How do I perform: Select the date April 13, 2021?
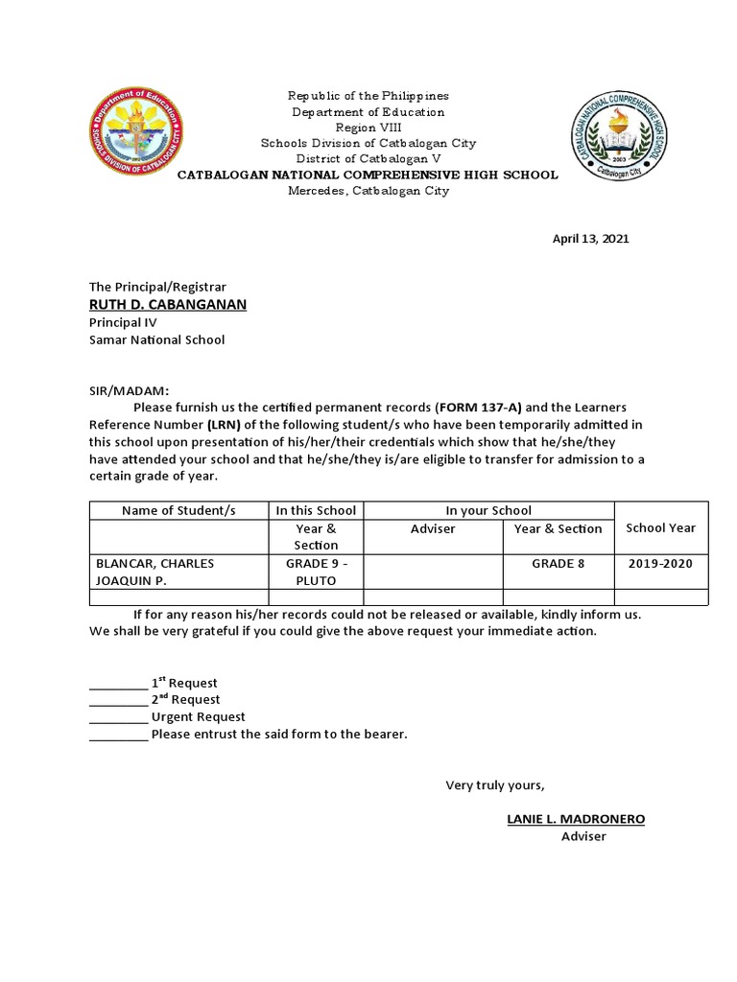pos(590,239)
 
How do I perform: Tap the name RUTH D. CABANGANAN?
pos(168,304)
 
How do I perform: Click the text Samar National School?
pos(156,339)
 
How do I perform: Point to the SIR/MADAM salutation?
pos(129,390)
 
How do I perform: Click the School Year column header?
pos(660,527)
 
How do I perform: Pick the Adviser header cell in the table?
pos(433,528)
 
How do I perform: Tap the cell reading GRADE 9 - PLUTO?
pos(316,572)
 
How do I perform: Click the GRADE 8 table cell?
pos(558,563)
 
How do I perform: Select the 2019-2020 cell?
pos(660,563)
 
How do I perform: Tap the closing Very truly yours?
pos(494,785)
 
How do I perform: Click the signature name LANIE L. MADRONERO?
pos(576,819)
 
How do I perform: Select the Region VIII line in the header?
pos(368,128)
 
